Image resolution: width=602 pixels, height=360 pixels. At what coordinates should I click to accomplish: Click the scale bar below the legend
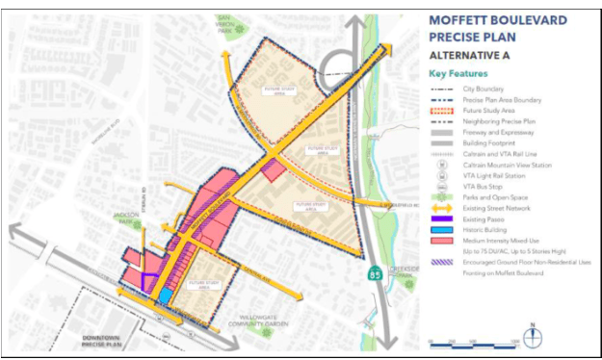pyautogui.click(x=474, y=342)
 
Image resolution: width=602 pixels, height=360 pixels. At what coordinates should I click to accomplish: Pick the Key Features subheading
pyautogui.click(x=458, y=73)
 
